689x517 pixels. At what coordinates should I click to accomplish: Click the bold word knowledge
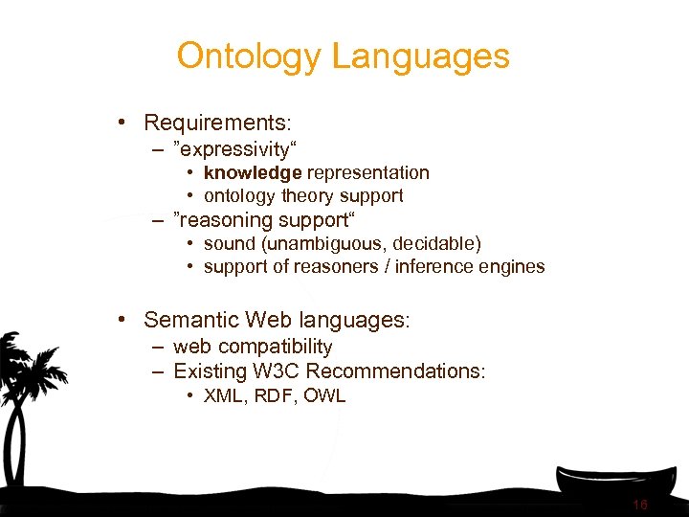253,172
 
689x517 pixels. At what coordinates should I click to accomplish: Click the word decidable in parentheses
435,244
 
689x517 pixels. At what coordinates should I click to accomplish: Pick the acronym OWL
325,395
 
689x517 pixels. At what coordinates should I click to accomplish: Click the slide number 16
639,505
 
